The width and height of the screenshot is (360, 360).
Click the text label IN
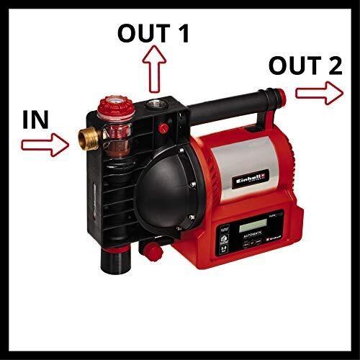click(x=35, y=119)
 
